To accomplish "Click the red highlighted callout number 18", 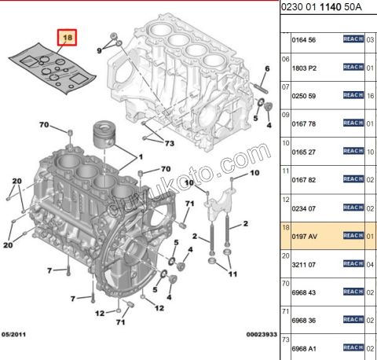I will click(68, 38).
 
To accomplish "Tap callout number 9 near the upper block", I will click(100, 50).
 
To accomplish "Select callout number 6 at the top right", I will click(267, 69).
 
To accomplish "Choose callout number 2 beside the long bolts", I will click(246, 223).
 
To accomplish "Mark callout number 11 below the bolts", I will click(231, 274).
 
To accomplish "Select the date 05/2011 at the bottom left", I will click(16, 335).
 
